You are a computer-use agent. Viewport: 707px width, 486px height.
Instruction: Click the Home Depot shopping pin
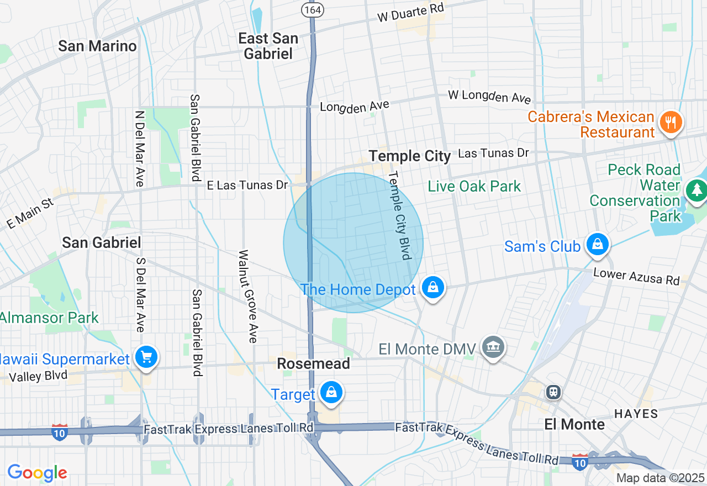pos(434,288)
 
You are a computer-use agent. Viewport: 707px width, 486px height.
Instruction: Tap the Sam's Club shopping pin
pos(597,244)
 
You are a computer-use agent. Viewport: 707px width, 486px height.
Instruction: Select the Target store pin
pos(331,393)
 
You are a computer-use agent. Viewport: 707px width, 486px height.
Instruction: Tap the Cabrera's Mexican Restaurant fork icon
pos(671,122)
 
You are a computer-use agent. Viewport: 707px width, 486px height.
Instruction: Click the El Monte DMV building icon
pos(493,347)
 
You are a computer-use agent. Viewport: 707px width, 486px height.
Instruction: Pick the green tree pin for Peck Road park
pos(696,191)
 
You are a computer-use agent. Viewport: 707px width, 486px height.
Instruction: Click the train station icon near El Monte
pos(553,392)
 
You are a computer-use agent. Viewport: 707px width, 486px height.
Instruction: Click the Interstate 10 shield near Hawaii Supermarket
pos(60,431)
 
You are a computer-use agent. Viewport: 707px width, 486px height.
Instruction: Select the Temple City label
pos(410,156)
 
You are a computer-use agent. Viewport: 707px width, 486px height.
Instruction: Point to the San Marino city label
pos(97,46)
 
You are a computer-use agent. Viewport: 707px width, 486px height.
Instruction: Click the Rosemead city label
pos(313,363)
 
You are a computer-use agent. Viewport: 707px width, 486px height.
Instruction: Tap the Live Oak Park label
pos(474,186)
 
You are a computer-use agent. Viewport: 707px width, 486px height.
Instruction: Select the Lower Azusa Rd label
pos(636,276)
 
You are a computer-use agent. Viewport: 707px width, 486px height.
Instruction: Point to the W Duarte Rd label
pos(410,13)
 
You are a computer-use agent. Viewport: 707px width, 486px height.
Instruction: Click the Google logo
pos(37,473)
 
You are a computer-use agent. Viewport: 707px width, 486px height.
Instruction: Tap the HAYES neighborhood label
pos(636,414)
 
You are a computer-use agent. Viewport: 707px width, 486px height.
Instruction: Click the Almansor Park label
pos(49,318)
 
